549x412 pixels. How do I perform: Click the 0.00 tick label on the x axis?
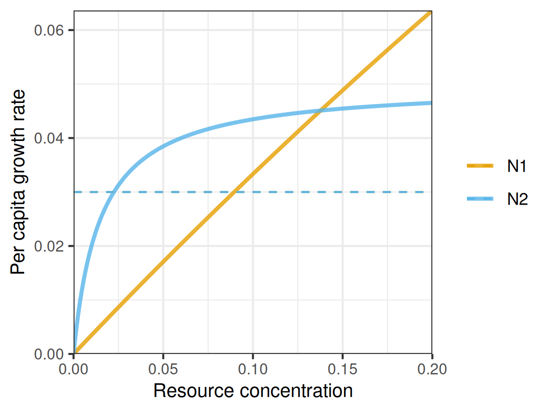(x=74, y=368)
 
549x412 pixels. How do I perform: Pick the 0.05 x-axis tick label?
(x=163, y=368)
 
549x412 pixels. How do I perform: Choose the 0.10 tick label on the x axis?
(x=253, y=368)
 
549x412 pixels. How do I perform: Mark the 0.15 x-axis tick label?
(x=342, y=368)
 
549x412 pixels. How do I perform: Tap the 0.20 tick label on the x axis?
(x=431, y=368)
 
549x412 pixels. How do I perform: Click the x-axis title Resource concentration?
(x=253, y=391)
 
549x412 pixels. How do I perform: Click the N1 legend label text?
(x=517, y=167)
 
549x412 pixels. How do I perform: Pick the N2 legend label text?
(x=517, y=199)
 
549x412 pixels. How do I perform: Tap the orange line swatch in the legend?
(x=480, y=166)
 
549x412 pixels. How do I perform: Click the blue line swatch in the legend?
(x=480, y=199)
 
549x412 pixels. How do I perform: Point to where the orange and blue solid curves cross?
(x=322, y=109)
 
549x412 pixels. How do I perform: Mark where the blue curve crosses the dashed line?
(x=114, y=192)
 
